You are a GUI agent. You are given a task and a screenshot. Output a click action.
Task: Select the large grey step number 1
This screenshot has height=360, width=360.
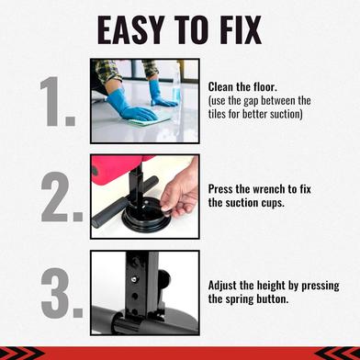(58, 101)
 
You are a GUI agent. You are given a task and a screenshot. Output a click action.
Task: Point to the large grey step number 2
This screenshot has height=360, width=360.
(62, 197)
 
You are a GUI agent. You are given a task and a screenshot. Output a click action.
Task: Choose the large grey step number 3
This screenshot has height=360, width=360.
(62, 293)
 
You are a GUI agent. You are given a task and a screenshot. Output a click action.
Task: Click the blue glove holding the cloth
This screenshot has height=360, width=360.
(130, 105)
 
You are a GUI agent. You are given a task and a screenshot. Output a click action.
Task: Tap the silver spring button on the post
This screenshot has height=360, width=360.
(133, 279)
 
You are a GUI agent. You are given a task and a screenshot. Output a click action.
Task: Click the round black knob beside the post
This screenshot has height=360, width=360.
(163, 279)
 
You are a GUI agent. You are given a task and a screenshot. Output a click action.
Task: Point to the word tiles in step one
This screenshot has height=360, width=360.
(218, 114)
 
